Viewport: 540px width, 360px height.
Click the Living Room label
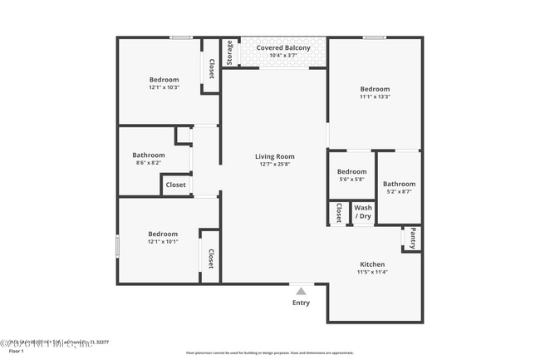pyautogui.click(x=274, y=156)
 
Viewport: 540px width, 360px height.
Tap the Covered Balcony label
pyautogui.click(x=283, y=48)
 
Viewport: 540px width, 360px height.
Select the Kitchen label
pyautogui.click(x=371, y=264)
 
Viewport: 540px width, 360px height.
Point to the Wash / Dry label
pyautogui.click(x=363, y=212)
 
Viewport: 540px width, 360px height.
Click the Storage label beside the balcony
pyautogui.click(x=230, y=52)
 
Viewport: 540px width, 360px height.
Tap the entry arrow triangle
pyautogui.click(x=301, y=291)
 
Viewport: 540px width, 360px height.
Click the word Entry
pyautogui.click(x=301, y=303)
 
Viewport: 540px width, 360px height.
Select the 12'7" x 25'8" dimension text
pyautogui.click(x=274, y=165)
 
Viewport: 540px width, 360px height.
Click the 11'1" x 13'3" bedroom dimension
pyautogui.click(x=375, y=96)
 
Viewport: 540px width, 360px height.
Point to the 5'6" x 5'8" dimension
pyautogui.click(x=351, y=180)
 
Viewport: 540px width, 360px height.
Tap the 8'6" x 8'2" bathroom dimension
pyautogui.click(x=149, y=163)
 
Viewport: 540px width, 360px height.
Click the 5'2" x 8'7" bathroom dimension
pyautogui.click(x=399, y=192)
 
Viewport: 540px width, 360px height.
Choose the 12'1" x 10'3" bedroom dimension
pyautogui.click(x=164, y=87)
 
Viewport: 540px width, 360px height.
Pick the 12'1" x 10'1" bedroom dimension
pyautogui.click(x=163, y=242)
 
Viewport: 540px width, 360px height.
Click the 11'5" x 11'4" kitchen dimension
pyautogui.click(x=372, y=272)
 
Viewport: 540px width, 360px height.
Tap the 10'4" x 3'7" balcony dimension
pyautogui.click(x=283, y=56)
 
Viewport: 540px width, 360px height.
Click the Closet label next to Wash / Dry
pyautogui.click(x=339, y=214)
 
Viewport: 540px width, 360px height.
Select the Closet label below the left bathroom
pyautogui.click(x=175, y=185)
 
